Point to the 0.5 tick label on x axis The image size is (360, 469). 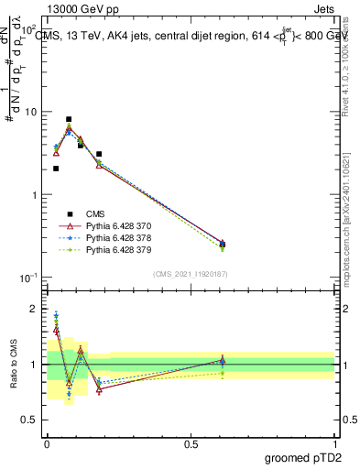click(x=191, y=443)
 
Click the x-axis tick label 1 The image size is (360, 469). click(x=335, y=443)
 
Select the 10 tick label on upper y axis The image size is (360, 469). click(x=29, y=112)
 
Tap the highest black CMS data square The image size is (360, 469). click(x=69, y=119)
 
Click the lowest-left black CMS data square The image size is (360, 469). click(x=56, y=169)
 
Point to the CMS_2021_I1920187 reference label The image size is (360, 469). click(x=190, y=273)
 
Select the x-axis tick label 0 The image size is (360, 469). click(x=47, y=443)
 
